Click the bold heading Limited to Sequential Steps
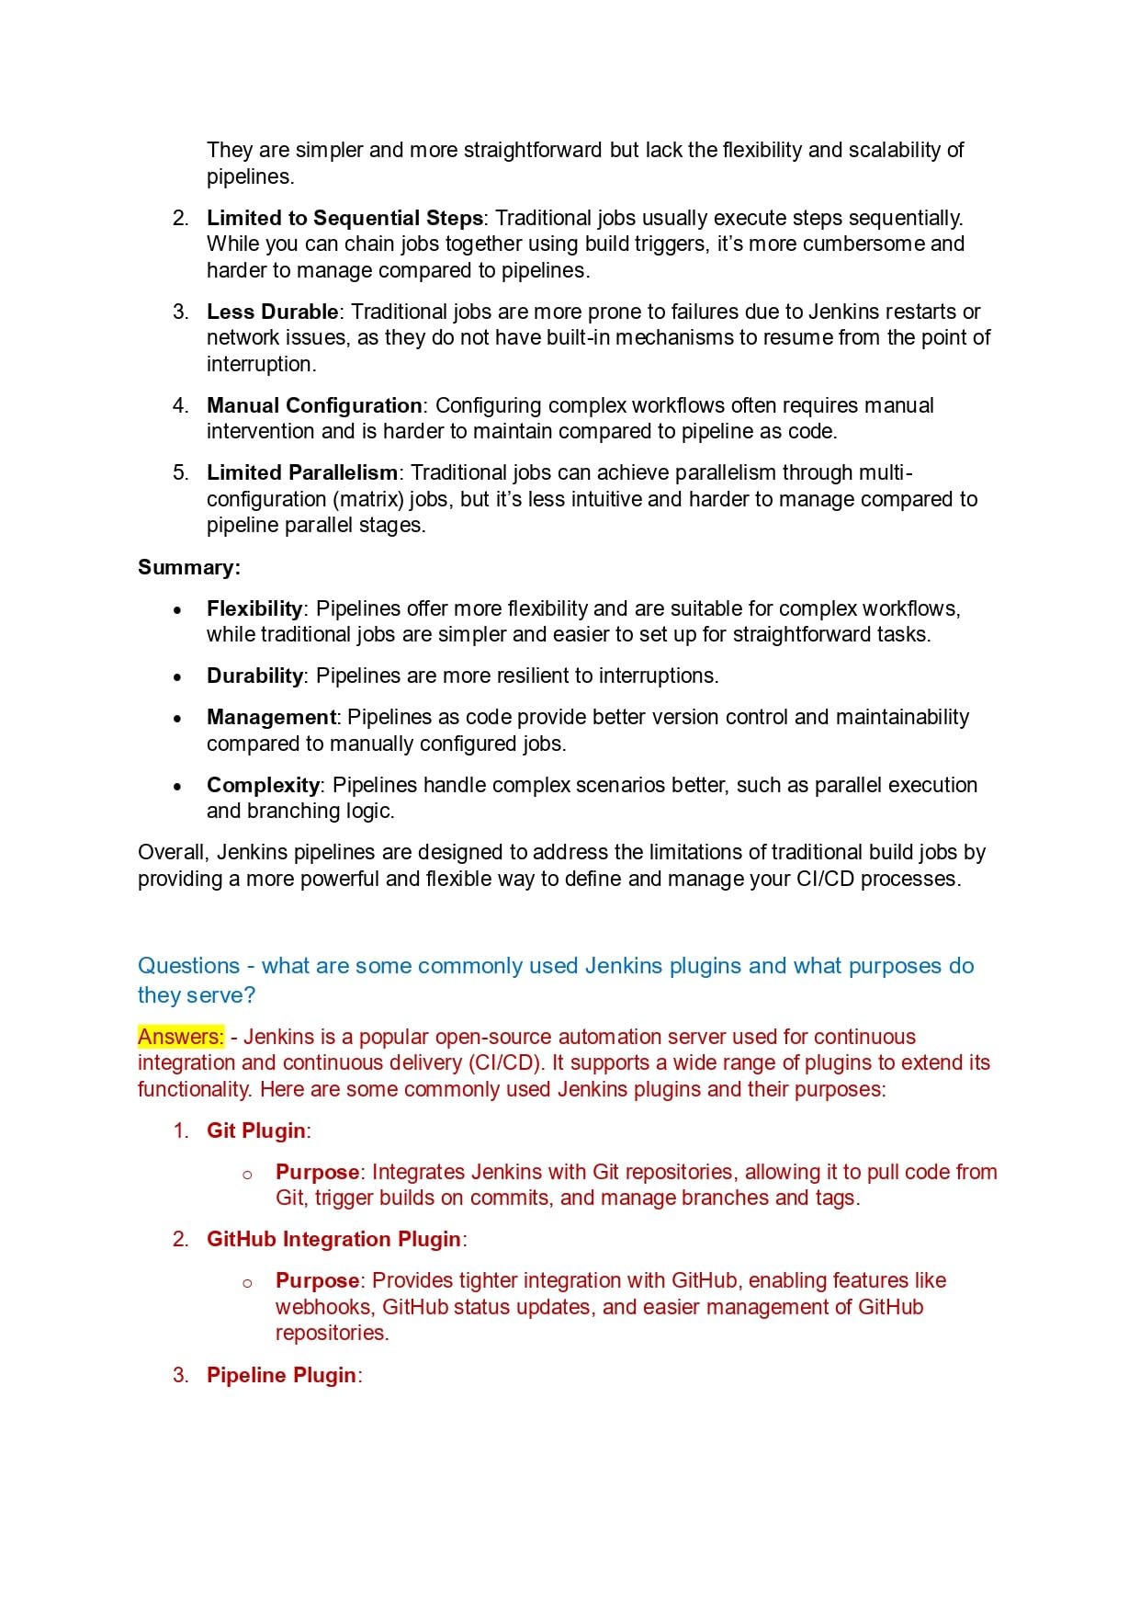pos(344,218)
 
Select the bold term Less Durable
pos(272,312)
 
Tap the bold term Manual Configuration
pos(314,405)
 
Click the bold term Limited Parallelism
pos(302,472)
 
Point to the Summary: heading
pos(189,567)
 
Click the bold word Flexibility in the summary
pos(254,608)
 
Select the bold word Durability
pos(254,676)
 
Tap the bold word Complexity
pos(263,785)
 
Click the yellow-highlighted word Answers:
pos(181,1037)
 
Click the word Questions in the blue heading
pos(188,966)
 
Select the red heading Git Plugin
pos(256,1130)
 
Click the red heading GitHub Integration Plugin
pos(333,1239)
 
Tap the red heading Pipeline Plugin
pos(281,1375)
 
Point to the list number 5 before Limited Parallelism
pos(180,472)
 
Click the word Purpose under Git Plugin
pos(317,1172)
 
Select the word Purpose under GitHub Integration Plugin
pos(317,1280)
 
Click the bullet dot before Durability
pos(177,677)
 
